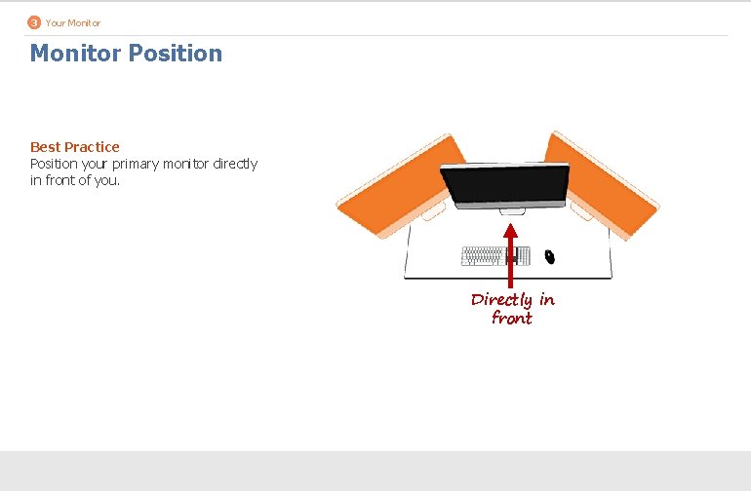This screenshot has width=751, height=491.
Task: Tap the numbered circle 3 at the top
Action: click(34, 22)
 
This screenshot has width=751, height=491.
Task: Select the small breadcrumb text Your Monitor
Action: click(72, 22)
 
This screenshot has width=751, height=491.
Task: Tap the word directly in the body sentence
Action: click(235, 164)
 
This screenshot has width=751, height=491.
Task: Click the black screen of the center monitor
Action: click(504, 182)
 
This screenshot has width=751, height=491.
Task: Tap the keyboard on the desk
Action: click(495, 256)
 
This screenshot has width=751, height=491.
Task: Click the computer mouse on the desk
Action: click(549, 256)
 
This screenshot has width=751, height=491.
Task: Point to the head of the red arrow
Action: click(510, 232)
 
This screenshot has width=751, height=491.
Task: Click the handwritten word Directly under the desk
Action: click(501, 300)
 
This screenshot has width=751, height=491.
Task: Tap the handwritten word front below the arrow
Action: click(512, 319)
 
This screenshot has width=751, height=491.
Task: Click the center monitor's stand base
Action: click(510, 209)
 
